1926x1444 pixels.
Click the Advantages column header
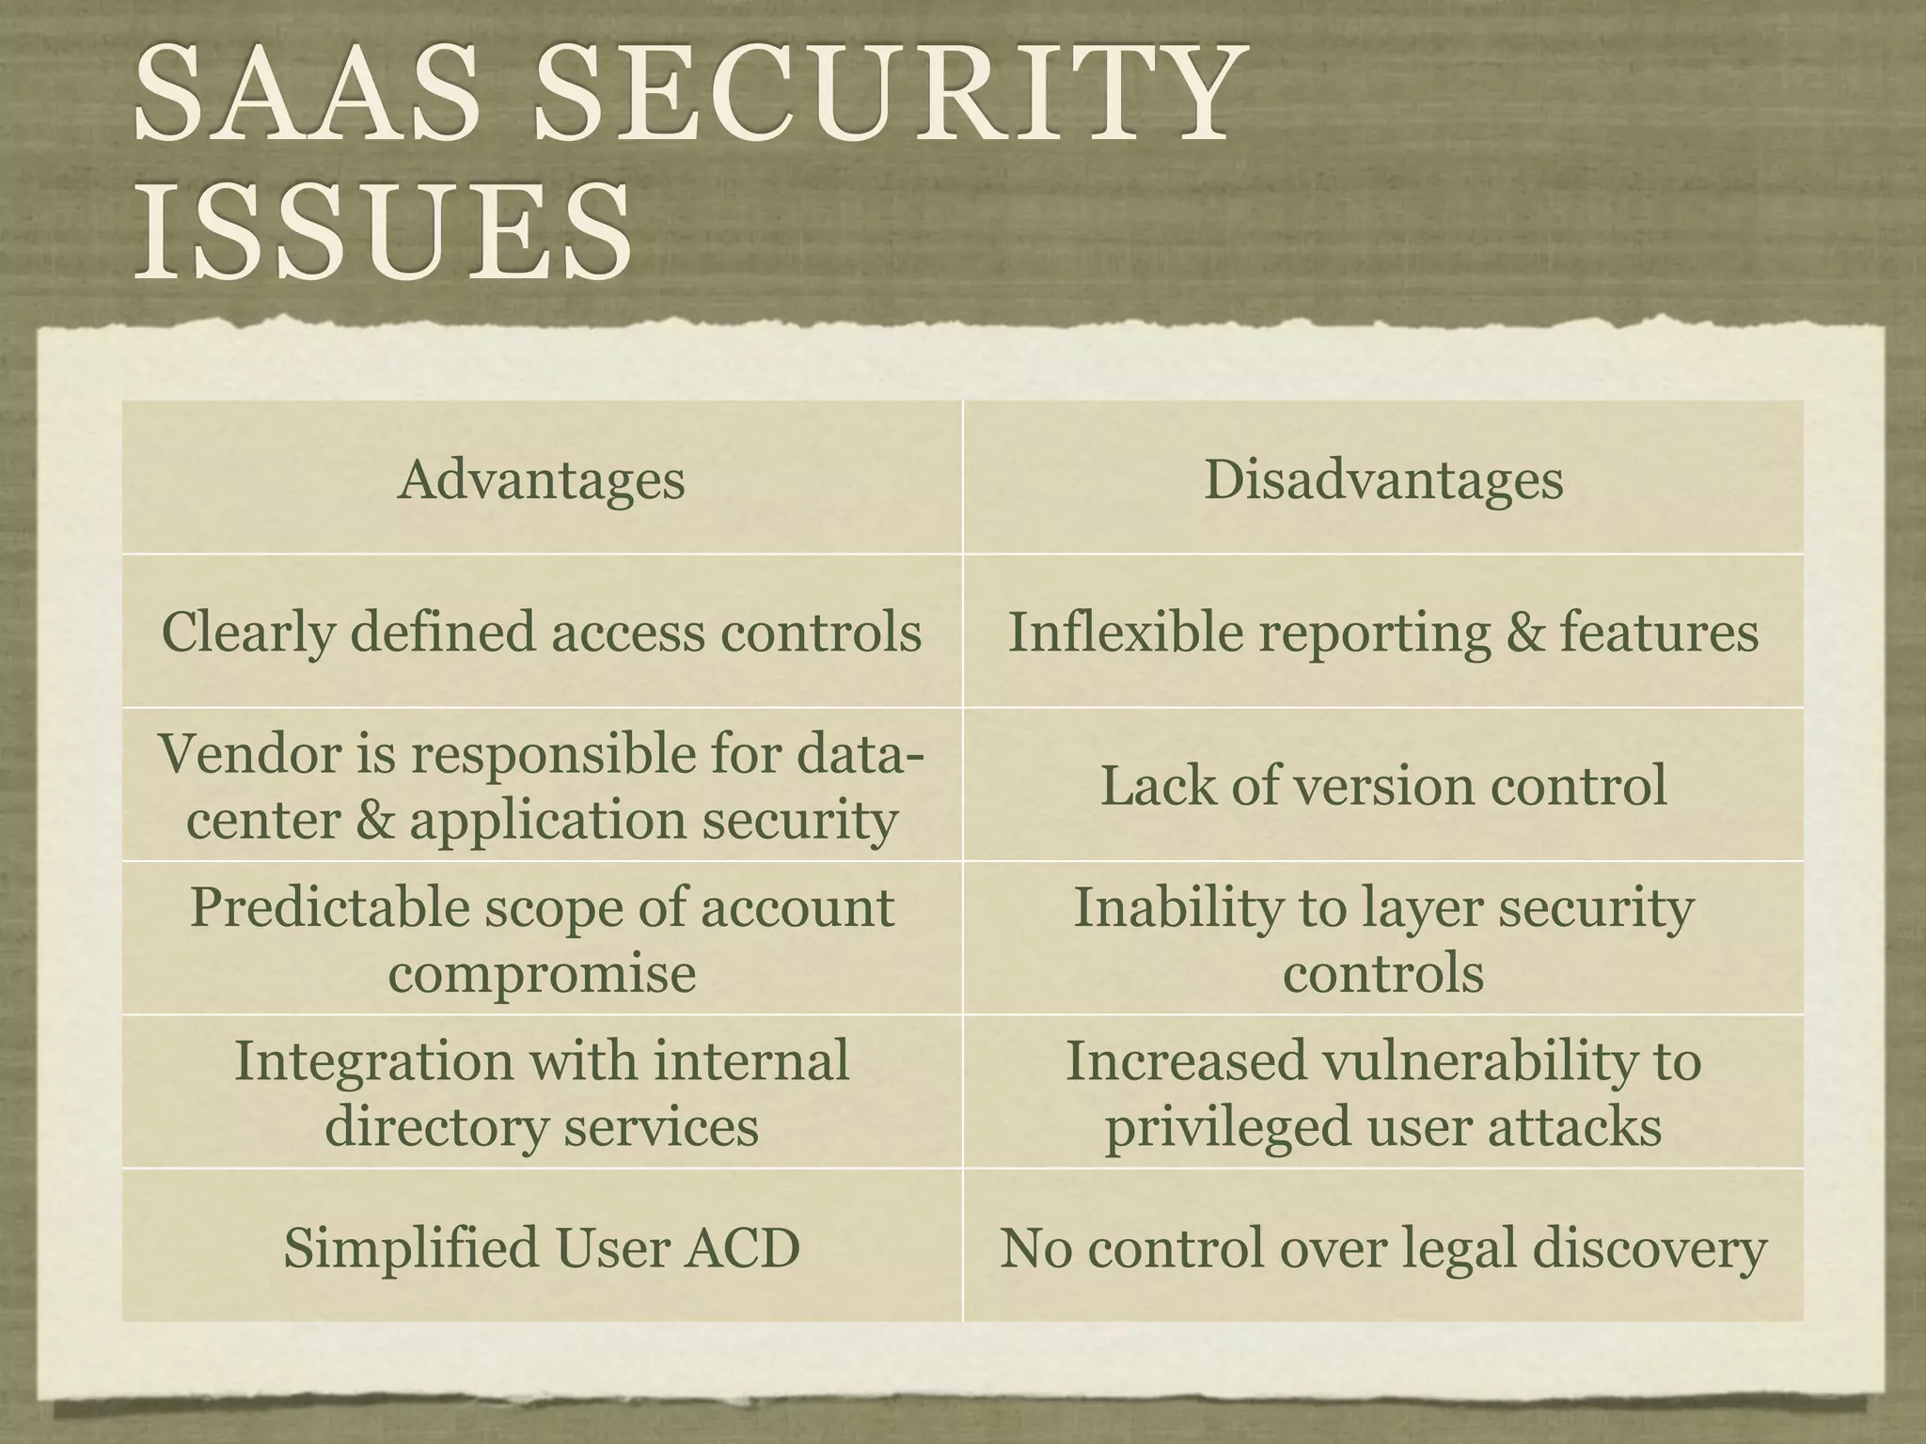point(541,479)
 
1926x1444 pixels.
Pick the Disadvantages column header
point(1383,479)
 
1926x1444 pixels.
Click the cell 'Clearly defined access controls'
point(541,631)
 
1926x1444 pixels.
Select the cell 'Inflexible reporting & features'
point(1383,631)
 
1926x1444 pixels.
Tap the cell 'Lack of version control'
point(1383,785)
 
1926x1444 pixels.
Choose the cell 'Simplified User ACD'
point(541,1248)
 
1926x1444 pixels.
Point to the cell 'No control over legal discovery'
point(1383,1248)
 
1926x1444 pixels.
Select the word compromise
point(542,973)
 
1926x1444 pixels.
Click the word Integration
point(373,1060)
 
